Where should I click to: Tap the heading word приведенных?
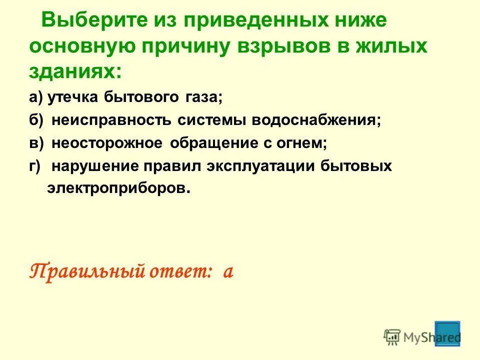[245, 21]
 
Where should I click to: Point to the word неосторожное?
[107, 143]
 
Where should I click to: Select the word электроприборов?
[118, 188]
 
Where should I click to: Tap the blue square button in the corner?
[447, 332]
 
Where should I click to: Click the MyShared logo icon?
[392, 336]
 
